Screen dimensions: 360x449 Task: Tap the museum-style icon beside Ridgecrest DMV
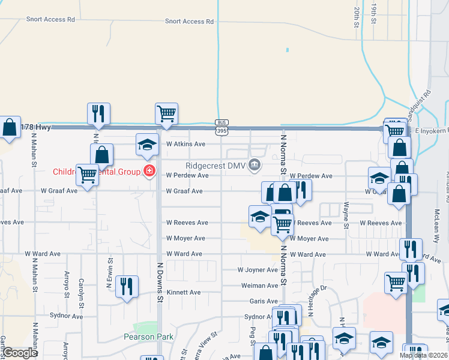click(x=255, y=164)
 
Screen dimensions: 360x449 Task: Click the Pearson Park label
click(x=149, y=337)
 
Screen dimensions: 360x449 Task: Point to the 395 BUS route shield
click(x=222, y=127)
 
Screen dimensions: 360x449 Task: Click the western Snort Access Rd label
click(x=50, y=19)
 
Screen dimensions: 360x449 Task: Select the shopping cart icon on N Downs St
click(x=166, y=113)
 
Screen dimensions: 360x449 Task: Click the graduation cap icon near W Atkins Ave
click(x=147, y=143)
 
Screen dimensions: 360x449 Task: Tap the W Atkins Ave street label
click(x=186, y=144)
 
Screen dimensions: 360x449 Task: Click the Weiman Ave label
click(x=259, y=286)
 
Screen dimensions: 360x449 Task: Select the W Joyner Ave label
click(x=258, y=270)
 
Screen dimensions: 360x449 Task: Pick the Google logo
click(x=20, y=353)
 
